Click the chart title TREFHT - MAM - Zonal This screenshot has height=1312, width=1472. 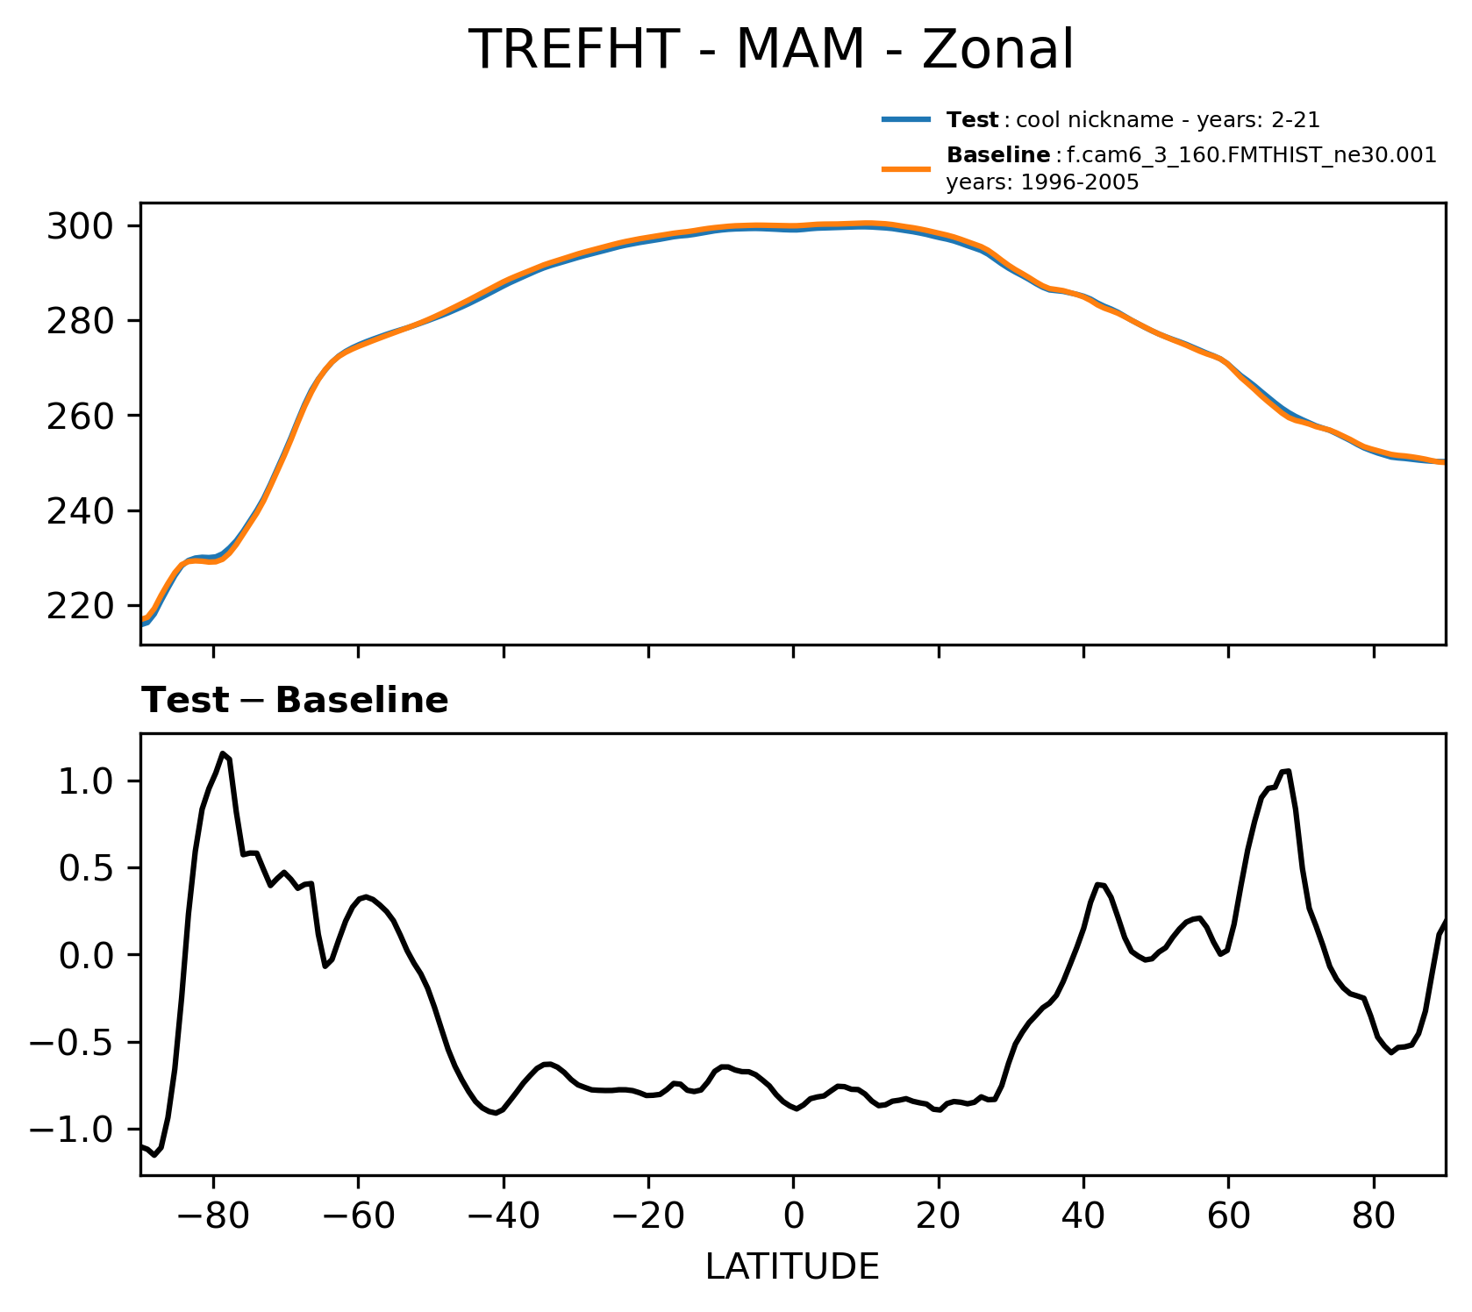pyautogui.click(x=770, y=50)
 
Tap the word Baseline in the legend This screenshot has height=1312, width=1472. pyautogui.click(x=998, y=156)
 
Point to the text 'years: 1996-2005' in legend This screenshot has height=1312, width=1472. pyautogui.click(x=1042, y=182)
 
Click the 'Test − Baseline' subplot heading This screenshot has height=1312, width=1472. pyautogui.click(x=295, y=701)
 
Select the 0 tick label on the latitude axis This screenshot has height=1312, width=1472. pyautogui.click(x=793, y=1217)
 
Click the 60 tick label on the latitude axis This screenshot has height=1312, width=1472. pyautogui.click(x=1228, y=1217)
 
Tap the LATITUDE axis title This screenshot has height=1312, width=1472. pyautogui.click(x=792, y=1267)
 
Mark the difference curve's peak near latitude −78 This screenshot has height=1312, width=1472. pyautogui.click(x=223, y=753)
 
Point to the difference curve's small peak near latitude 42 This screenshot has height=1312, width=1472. pyautogui.click(x=1098, y=884)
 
